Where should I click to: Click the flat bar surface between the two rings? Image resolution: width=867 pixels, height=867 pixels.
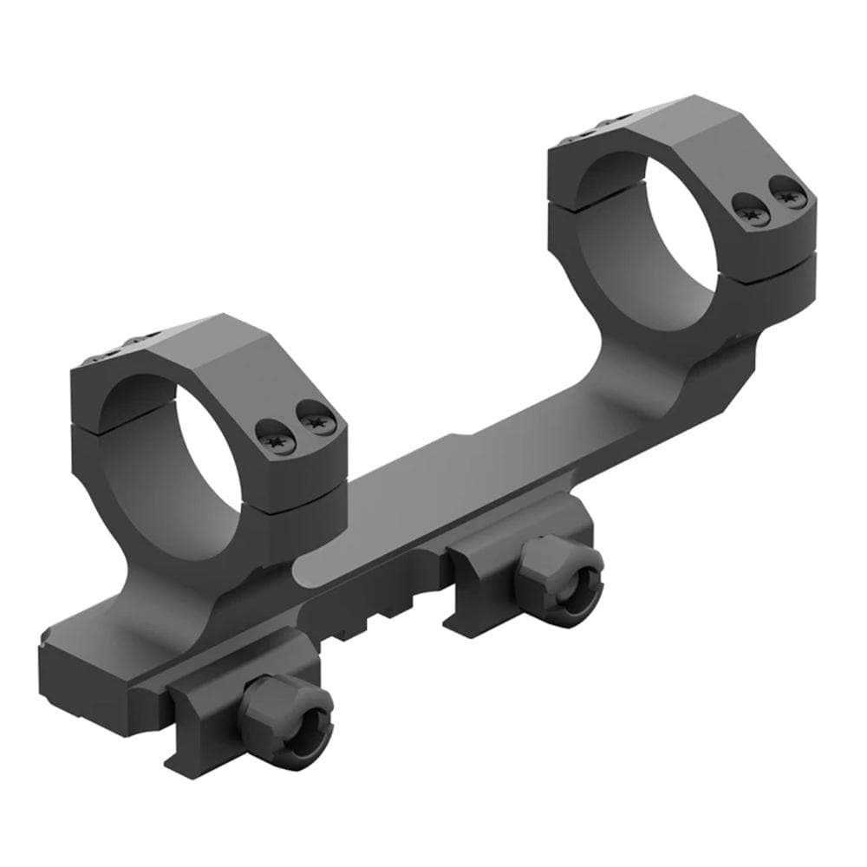[x=468, y=486]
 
